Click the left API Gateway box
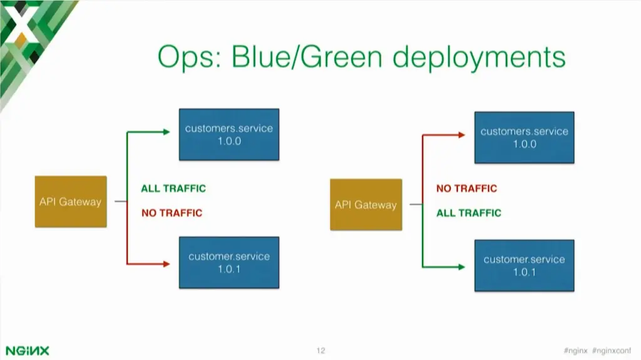click(x=70, y=202)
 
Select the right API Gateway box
click(x=366, y=205)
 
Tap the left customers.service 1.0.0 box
click(x=228, y=135)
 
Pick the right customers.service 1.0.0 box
click(x=524, y=138)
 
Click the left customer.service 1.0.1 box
click(x=228, y=262)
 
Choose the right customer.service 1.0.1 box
click(x=524, y=265)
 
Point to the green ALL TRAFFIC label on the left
click(x=173, y=188)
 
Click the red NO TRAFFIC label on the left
click(x=172, y=213)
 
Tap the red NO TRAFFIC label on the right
click(x=466, y=188)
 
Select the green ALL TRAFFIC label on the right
click(x=469, y=213)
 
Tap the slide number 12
click(x=320, y=350)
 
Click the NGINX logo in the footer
click(x=28, y=350)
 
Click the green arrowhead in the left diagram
click(x=166, y=132)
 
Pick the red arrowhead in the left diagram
click(x=166, y=264)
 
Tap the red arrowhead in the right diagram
click(x=461, y=135)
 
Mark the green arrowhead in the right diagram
click(x=461, y=267)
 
